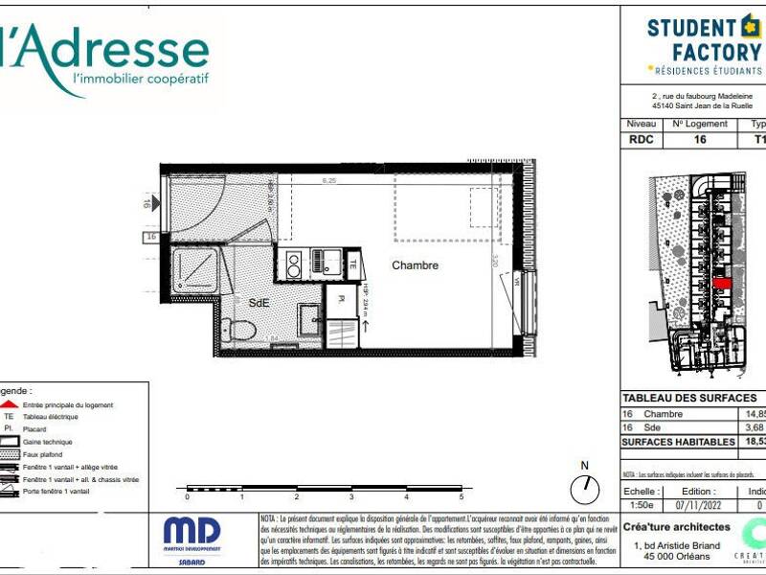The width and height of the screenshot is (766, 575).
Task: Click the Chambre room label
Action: (415, 265)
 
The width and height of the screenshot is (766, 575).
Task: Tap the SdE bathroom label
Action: (259, 303)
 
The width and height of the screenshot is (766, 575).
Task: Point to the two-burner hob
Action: (294, 264)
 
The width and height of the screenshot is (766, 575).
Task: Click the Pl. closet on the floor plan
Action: (340, 299)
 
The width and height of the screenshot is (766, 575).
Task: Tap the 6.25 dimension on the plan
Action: (329, 180)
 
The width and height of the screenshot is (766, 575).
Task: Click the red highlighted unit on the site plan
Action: (724, 284)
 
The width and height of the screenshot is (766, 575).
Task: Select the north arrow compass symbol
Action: (583, 488)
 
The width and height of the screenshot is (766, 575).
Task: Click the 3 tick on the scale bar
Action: (351, 497)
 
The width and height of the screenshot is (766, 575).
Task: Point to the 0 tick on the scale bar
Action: (188, 497)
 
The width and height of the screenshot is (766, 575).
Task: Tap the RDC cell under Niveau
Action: (641, 139)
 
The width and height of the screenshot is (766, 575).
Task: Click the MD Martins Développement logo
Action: (191, 538)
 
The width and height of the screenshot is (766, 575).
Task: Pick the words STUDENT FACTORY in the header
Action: (704, 39)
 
